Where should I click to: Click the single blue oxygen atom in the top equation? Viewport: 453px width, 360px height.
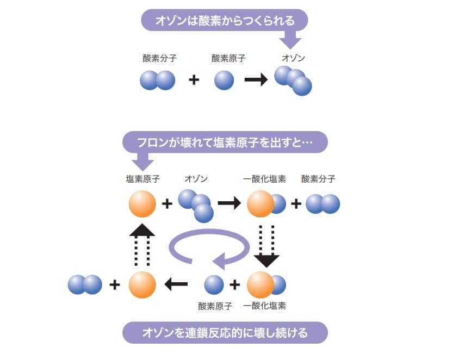coord(224,80)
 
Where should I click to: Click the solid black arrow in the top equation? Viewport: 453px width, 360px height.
coord(256,80)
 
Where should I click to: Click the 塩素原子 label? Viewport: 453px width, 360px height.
coord(142,179)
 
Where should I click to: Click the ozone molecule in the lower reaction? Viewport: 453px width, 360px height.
coord(195,205)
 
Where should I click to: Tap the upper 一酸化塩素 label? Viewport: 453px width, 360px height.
coord(265,179)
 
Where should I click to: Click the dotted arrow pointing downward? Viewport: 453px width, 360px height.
coord(266,245)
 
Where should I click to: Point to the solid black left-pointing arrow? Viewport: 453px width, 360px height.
coord(176,284)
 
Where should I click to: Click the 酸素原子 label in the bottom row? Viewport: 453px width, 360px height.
coord(215,306)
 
